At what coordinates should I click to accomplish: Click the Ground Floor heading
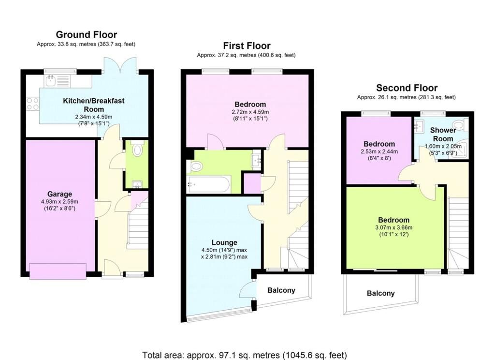86,34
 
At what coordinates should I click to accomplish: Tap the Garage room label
59,194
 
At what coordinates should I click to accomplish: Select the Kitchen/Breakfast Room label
94,105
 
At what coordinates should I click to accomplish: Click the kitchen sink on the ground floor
51,81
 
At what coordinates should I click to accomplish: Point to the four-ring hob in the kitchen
32,104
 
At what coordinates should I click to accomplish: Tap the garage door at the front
58,271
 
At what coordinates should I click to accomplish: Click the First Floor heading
247,46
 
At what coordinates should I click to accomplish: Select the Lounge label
224,242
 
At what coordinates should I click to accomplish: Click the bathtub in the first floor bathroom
209,184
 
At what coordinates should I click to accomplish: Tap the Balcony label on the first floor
281,290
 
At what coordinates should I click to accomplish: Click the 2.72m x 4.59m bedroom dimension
250,112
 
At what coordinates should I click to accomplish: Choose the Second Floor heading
407,88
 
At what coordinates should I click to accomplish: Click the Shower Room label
443,135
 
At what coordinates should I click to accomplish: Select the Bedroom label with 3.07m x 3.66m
393,220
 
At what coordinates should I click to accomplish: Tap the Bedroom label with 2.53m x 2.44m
379,144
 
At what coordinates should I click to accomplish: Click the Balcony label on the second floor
381,293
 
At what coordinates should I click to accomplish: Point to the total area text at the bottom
245,355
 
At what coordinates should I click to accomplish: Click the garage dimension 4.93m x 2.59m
59,202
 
